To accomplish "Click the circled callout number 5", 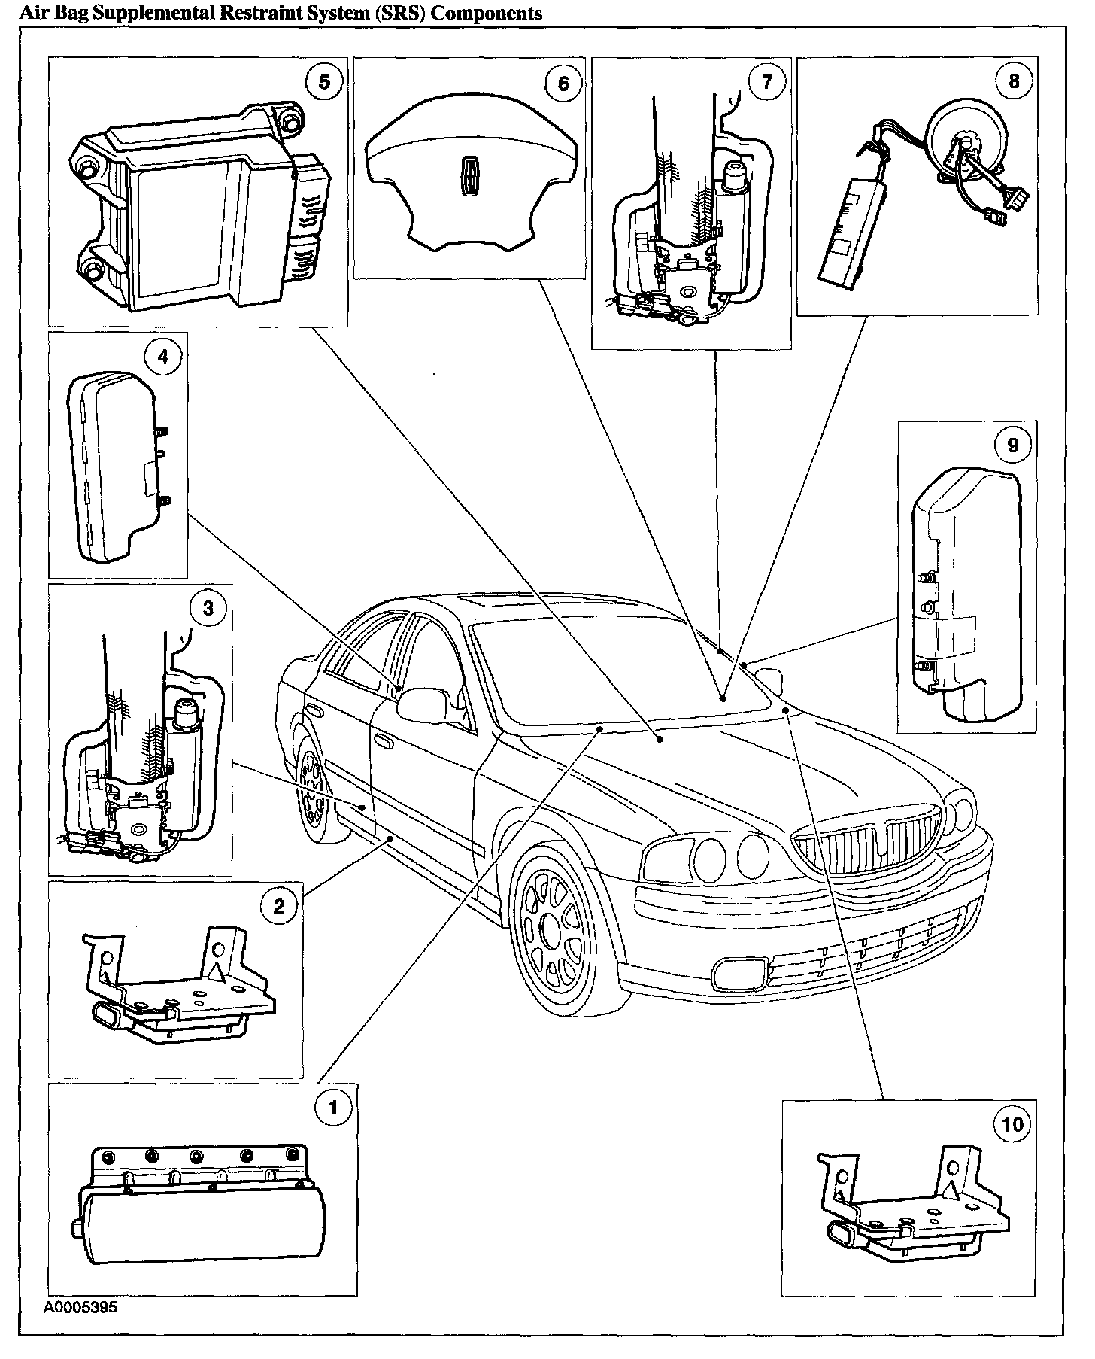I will [324, 81].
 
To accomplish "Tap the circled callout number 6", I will [563, 83].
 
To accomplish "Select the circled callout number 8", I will [1014, 81].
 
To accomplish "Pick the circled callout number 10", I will [1013, 1125].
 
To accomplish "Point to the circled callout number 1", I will [333, 1108].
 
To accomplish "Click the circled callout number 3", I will [208, 608].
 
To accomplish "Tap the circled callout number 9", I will [1013, 445].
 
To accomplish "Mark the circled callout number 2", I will [279, 905].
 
